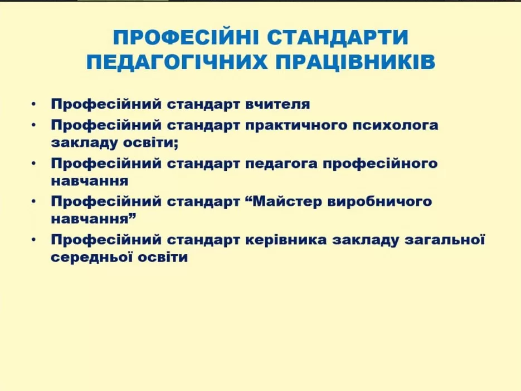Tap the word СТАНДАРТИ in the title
coord(338,37)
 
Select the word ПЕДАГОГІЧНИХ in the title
coord(177,62)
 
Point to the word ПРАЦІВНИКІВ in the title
coord(356,62)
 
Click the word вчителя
coord(277,104)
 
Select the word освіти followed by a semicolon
coord(151,142)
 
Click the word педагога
coord(281,164)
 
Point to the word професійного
coord(380,164)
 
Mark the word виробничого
coord(380,202)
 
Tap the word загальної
coord(445,240)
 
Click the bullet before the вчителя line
coord(33,104)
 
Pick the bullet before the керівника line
coord(33,240)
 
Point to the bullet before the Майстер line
coord(33,201)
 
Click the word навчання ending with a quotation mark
coord(94,219)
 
